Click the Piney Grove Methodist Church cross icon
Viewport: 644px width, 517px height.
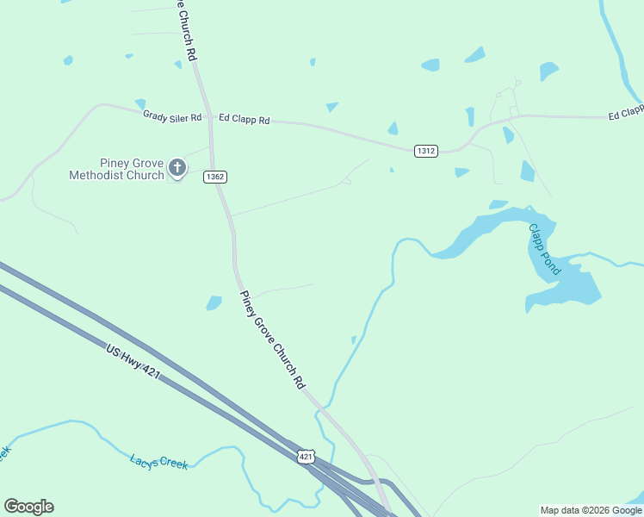(x=177, y=167)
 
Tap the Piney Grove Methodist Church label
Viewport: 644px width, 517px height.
(x=117, y=169)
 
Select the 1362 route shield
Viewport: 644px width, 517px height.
(x=215, y=177)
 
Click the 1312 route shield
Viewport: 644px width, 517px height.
(x=425, y=151)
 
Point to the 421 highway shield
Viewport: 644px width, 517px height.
(x=307, y=455)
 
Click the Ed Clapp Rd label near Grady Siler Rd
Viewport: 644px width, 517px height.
(x=244, y=120)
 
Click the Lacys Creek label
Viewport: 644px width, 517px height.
(x=159, y=463)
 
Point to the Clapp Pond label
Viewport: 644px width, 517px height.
(x=544, y=250)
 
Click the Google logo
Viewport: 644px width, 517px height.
(x=28, y=507)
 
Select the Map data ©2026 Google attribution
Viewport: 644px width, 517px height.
(x=591, y=510)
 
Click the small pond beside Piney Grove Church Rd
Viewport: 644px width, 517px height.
(x=214, y=302)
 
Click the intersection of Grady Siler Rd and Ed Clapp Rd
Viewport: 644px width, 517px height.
(x=210, y=118)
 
